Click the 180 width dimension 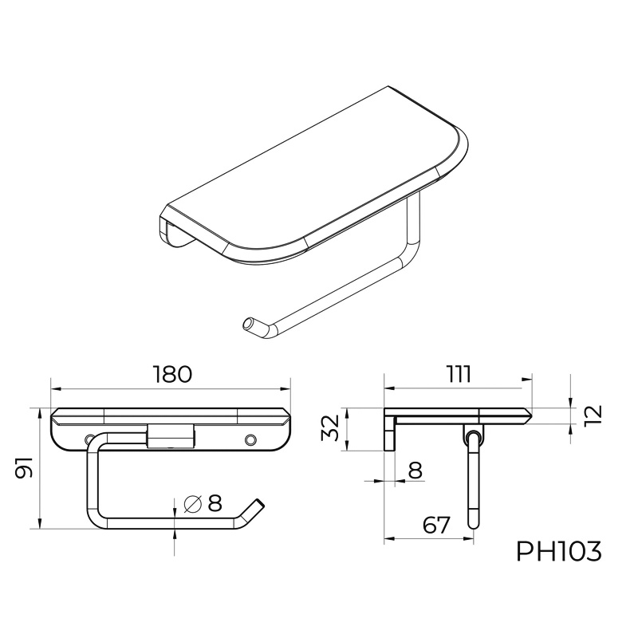pyautogui.click(x=172, y=374)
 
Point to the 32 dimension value pyautogui.click(x=330, y=427)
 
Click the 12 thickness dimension pyautogui.click(x=593, y=415)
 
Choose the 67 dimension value pyautogui.click(x=436, y=525)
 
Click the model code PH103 pyautogui.click(x=559, y=552)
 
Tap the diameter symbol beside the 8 pyautogui.click(x=193, y=504)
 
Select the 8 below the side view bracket pyautogui.click(x=415, y=471)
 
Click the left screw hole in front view pyautogui.click(x=89, y=439)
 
